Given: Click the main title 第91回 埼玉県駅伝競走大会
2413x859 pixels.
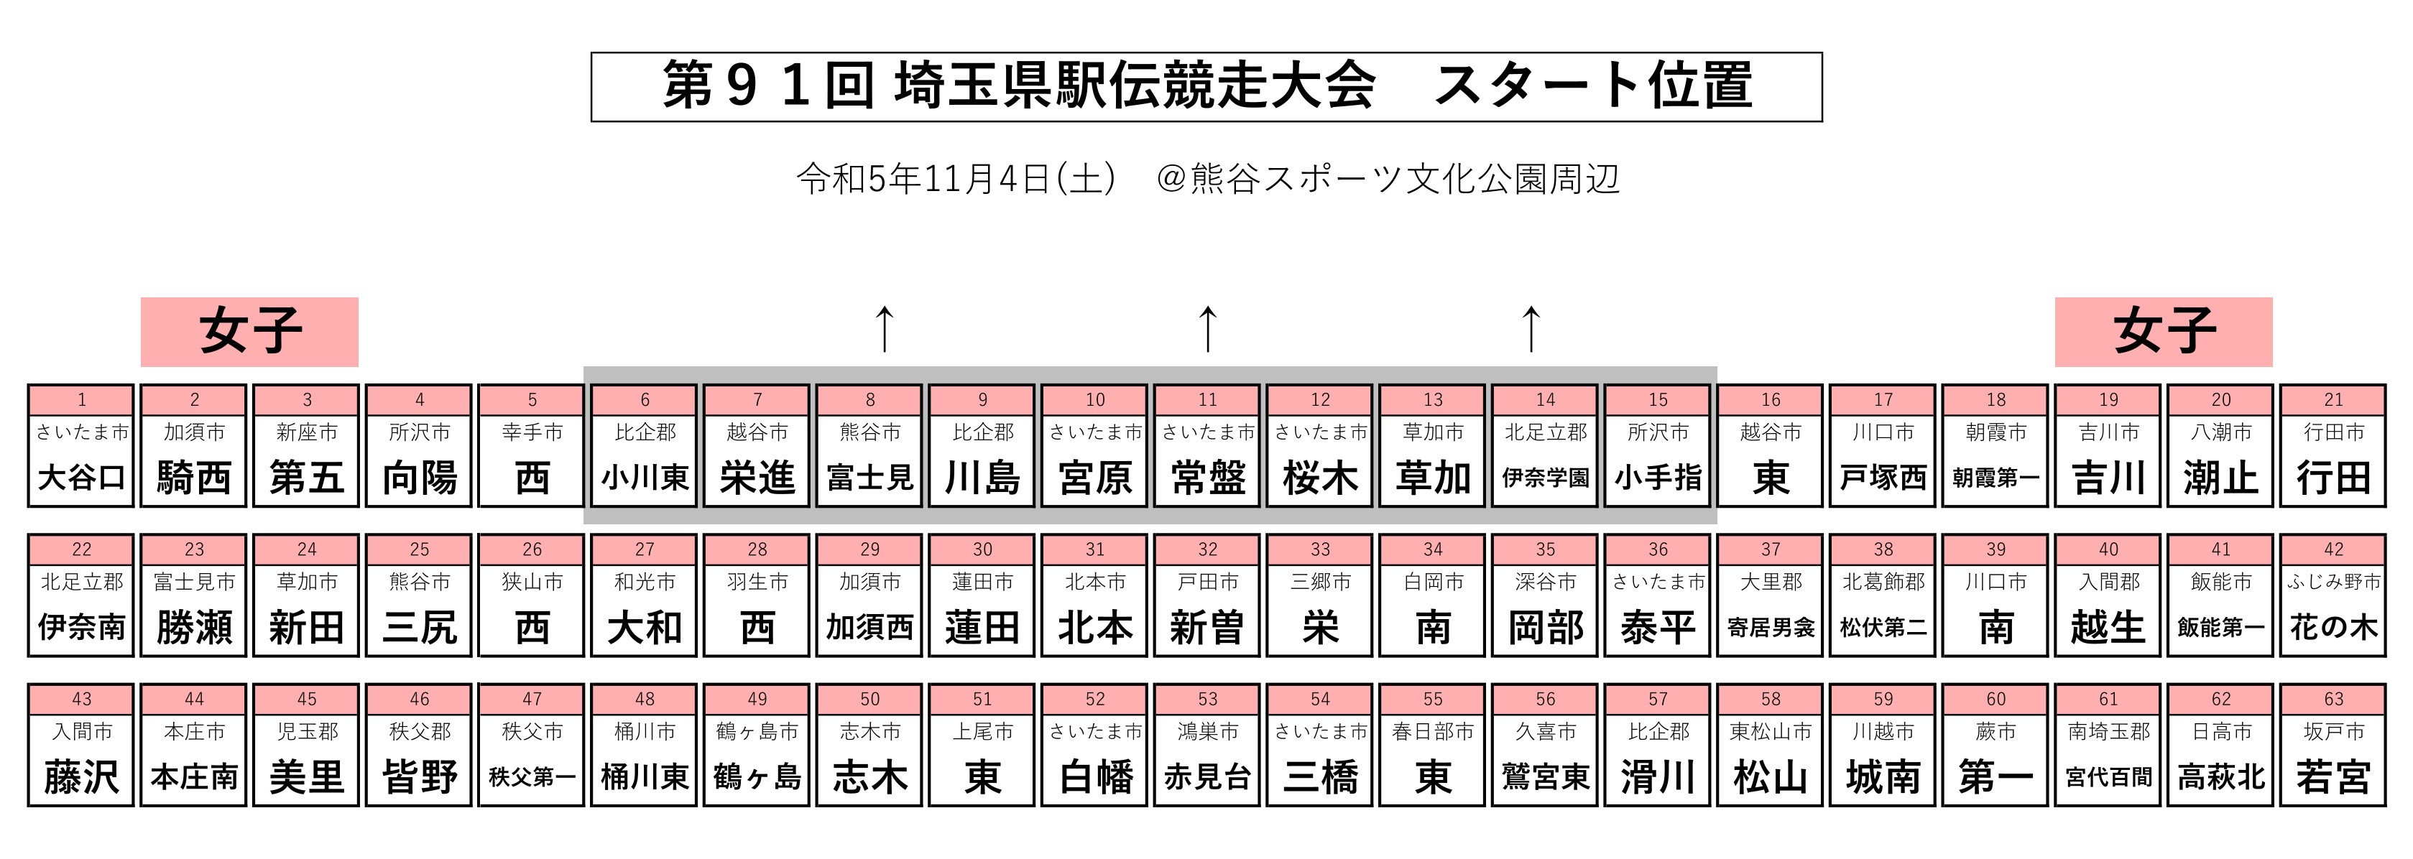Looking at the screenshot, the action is pyautogui.click(x=1019, y=86).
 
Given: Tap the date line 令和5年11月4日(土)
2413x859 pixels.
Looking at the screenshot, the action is pyautogui.click(x=956, y=178).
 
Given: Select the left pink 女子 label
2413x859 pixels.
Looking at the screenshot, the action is pyautogui.click(x=249, y=332).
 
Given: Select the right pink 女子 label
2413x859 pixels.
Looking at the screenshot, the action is pyautogui.click(x=2164, y=332).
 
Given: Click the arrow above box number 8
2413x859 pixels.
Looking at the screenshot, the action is pyautogui.click(x=885, y=329).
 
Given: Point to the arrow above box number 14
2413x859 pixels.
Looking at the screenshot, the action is pyautogui.click(x=1531, y=329).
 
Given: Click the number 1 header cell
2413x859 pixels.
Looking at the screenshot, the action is pyautogui.click(x=81, y=400).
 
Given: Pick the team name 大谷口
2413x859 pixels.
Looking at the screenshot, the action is pyautogui.click(x=81, y=478).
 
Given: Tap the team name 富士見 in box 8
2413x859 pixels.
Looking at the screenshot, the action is pyautogui.click(x=870, y=478).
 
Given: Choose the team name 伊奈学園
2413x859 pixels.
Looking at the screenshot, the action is pyautogui.click(x=1546, y=478).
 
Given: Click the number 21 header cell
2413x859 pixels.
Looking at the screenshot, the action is pyautogui.click(x=2333, y=400).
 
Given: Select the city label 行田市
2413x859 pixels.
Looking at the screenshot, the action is pyautogui.click(x=2333, y=432).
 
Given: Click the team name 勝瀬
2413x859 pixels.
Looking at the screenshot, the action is pyautogui.click(x=194, y=628).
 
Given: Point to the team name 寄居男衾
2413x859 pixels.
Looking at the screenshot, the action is pyautogui.click(x=1771, y=628).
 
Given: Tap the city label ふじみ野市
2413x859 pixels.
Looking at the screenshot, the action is pyautogui.click(x=2333, y=582).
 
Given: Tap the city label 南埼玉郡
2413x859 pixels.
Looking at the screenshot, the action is pyautogui.click(x=2108, y=732).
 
